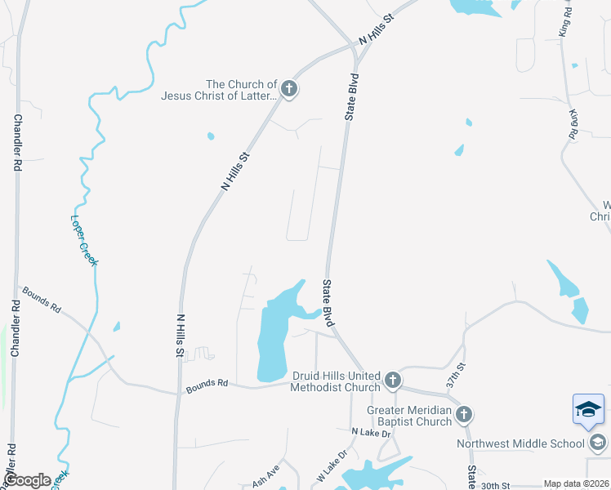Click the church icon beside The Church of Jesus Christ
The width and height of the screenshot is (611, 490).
point(288,89)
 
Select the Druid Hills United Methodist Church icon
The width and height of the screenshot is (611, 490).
point(393,381)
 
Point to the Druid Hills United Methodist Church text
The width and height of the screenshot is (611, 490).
point(336,381)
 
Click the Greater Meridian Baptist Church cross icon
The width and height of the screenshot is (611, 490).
point(463,414)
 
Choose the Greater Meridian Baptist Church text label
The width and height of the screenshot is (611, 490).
point(409,416)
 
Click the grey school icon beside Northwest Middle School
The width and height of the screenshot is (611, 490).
point(597,443)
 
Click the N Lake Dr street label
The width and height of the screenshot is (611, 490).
point(372,432)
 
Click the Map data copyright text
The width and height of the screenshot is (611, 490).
point(576,484)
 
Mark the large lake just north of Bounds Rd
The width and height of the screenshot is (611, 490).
point(272,339)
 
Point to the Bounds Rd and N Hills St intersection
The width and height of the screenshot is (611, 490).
point(179,394)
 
